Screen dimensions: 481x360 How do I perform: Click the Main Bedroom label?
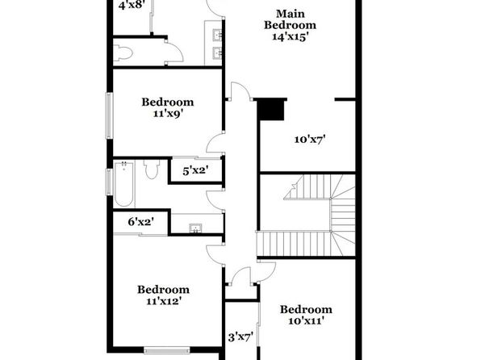(x=290, y=19)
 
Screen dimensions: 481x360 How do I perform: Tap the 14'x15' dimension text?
(x=290, y=36)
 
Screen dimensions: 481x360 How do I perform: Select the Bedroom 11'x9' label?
(x=168, y=107)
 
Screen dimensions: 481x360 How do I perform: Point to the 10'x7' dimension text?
(x=310, y=140)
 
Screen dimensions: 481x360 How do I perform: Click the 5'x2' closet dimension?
(x=195, y=170)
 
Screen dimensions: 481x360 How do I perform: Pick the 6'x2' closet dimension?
(x=140, y=222)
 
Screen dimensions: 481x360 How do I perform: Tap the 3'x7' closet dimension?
(x=240, y=337)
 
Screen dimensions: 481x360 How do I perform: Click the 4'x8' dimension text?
(x=132, y=5)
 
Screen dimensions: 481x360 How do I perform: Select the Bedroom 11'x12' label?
(x=163, y=295)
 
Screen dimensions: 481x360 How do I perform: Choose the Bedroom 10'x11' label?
(x=306, y=315)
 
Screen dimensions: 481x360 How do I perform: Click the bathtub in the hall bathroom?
(x=124, y=183)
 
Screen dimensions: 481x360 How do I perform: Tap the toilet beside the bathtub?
(x=152, y=169)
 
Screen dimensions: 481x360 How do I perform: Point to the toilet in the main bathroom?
(x=123, y=52)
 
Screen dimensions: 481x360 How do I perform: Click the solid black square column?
(x=270, y=110)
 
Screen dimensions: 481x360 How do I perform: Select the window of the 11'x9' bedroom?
(x=110, y=115)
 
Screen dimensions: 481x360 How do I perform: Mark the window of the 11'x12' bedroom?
(x=167, y=350)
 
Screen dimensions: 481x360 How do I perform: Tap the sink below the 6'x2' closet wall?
(x=195, y=228)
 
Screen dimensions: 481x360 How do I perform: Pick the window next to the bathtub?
(x=109, y=182)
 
